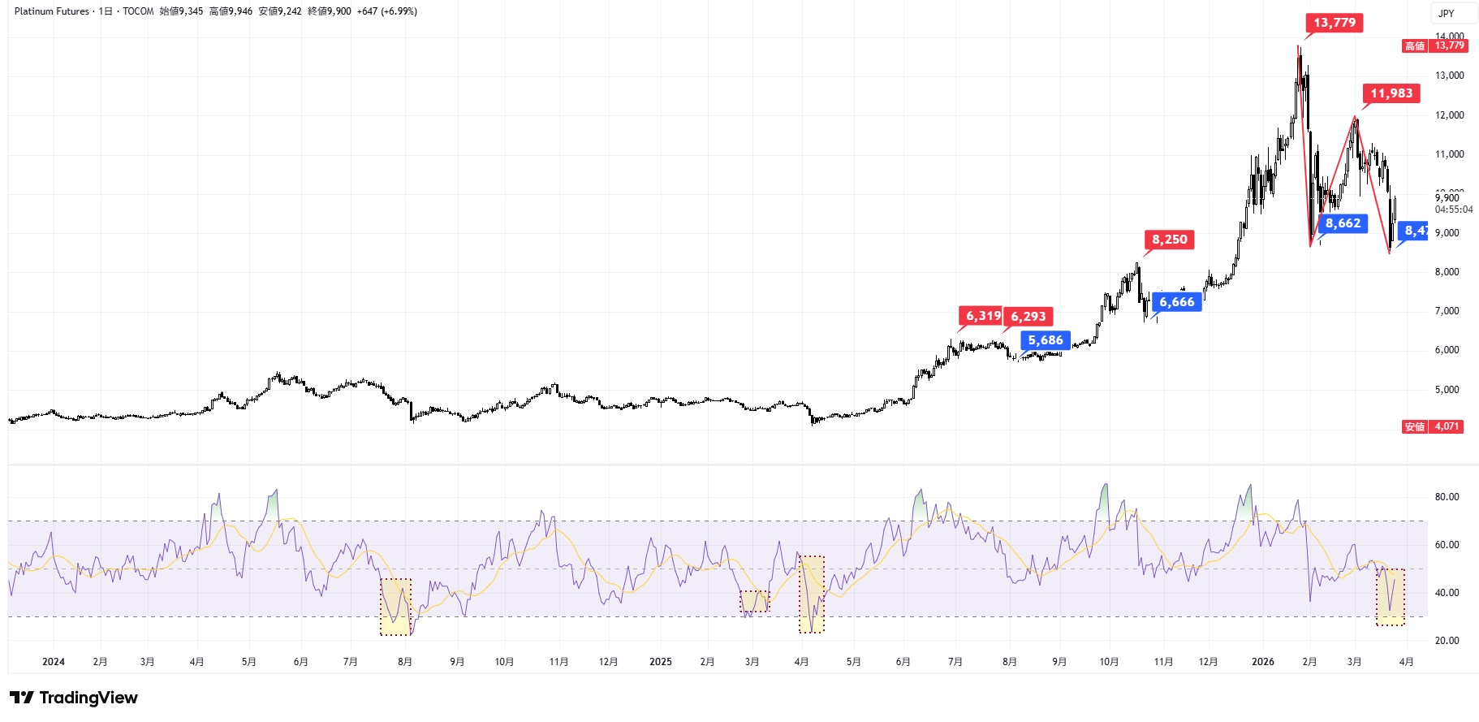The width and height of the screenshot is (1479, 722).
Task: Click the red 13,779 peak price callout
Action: click(1334, 23)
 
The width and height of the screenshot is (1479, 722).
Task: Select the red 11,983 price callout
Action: click(1391, 93)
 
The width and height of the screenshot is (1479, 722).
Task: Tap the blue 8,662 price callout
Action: click(1343, 223)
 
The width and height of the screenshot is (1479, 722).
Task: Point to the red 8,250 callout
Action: click(1169, 240)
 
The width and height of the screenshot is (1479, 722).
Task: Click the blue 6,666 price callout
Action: click(1176, 302)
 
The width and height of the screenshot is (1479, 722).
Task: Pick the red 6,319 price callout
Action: click(982, 316)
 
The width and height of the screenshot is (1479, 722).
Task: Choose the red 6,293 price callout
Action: click(1028, 317)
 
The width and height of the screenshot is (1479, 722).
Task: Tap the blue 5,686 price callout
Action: click(1046, 340)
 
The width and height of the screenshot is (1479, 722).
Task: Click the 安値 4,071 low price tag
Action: click(1433, 426)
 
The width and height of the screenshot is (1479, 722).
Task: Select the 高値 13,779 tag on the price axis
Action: click(1434, 46)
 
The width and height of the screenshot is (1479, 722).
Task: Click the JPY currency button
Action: click(1447, 13)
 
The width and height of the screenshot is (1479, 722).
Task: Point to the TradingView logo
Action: click(74, 698)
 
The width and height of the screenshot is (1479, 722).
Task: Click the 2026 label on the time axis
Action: click(1262, 662)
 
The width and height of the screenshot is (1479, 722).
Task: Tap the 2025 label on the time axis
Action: click(660, 662)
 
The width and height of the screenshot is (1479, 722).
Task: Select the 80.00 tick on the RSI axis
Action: click(1447, 497)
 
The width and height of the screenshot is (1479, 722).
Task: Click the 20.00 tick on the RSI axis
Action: click(1447, 641)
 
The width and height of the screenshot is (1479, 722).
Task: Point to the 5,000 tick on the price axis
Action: click(1447, 390)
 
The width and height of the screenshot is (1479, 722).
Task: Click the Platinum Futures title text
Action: click(52, 11)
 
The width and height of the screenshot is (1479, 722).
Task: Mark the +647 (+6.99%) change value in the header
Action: click(386, 11)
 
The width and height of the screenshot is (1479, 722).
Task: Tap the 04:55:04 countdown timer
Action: click(1453, 210)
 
